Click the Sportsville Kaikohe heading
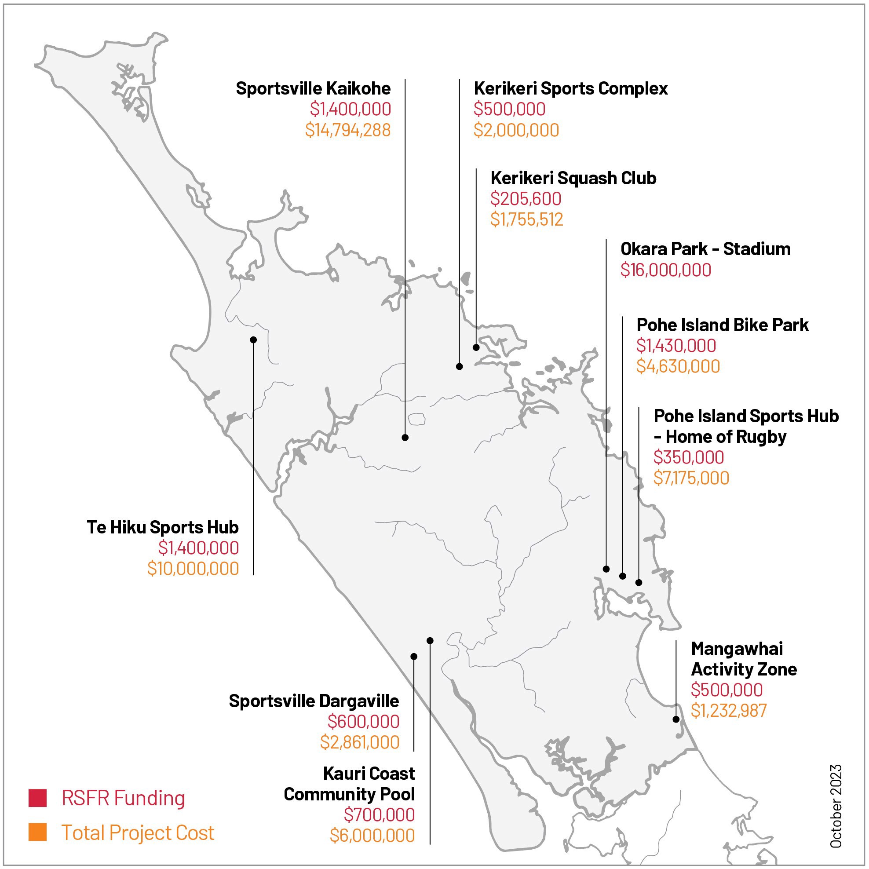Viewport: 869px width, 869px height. coord(313,88)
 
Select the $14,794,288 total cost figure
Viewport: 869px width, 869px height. coord(348,130)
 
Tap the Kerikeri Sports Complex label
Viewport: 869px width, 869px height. coord(570,88)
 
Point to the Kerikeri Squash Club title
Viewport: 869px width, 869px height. coord(573,178)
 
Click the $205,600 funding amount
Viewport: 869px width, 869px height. coord(526,199)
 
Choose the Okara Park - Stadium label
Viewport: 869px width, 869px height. coord(705,249)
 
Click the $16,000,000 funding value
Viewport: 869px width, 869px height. coord(666,270)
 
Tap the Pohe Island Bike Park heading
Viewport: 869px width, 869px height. coord(723,325)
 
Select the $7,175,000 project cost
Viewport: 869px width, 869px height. coord(691,478)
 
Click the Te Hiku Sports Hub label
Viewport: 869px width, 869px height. coord(162,527)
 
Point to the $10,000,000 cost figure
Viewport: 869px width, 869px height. coord(193,569)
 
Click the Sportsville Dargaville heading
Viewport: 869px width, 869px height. coord(314,701)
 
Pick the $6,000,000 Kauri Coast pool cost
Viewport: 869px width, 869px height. coord(372,835)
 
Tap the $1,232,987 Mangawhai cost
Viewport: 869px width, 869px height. coord(728,711)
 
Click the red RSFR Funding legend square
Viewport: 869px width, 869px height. coord(37,798)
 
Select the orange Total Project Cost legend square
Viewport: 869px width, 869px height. coord(37,832)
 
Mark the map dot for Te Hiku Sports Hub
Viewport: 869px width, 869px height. coord(253,340)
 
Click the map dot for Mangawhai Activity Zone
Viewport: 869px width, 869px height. coord(675,719)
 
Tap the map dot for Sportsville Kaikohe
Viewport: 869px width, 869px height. coord(405,437)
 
